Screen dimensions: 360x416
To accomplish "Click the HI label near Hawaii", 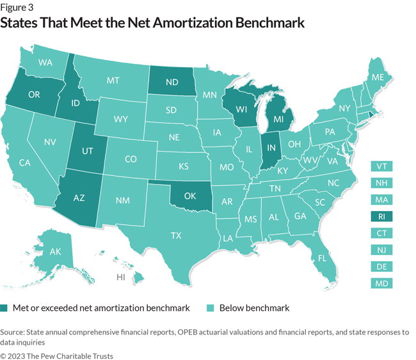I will coord(120,278).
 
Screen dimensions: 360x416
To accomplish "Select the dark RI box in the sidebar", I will coord(381,216).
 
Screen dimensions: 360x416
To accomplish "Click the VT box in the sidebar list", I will coord(381,166).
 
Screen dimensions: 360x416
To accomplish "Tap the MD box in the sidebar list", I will coord(381,283).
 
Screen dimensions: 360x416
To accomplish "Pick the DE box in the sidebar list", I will coord(381,267).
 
